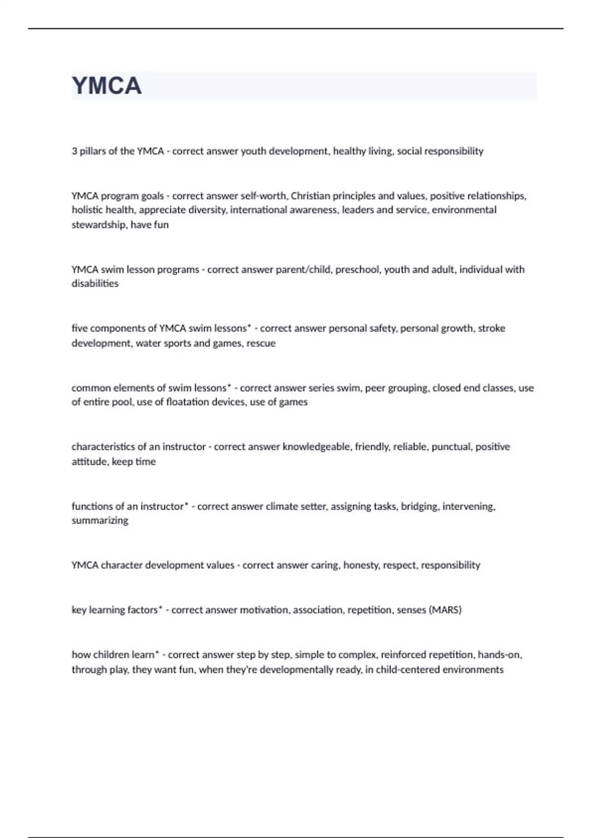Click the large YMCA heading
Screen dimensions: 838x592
click(x=107, y=86)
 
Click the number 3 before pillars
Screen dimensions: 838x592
click(x=74, y=151)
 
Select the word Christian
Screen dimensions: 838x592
click(x=310, y=196)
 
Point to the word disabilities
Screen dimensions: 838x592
click(x=95, y=284)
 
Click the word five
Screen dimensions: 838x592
click(x=79, y=328)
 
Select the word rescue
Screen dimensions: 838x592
click(x=261, y=343)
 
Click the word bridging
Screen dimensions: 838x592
click(x=419, y=506)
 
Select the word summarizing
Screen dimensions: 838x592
click(x=100, y=521)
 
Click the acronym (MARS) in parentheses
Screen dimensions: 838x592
click(x=445, y=610)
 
